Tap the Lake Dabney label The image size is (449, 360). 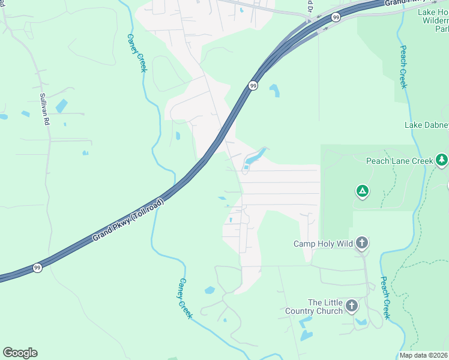pos(426,125)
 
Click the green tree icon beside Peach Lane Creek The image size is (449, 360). pos(442,160)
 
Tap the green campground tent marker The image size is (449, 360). pos(362,191)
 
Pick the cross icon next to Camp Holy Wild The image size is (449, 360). pos(361,243)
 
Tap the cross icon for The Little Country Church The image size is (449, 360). pos(352,307)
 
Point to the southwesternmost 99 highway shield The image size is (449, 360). pos(37,268)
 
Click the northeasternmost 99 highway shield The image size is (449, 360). pos(336,17)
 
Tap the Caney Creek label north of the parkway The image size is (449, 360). pos(136,53)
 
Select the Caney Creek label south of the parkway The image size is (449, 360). pos(185,298)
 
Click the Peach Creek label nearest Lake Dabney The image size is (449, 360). pos(403,67)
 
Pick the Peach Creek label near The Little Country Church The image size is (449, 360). pos(386,298)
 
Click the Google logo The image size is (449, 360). pos(20,353)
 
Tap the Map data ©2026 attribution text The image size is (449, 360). pos(424,355)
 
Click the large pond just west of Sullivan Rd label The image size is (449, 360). pos(61,106)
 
